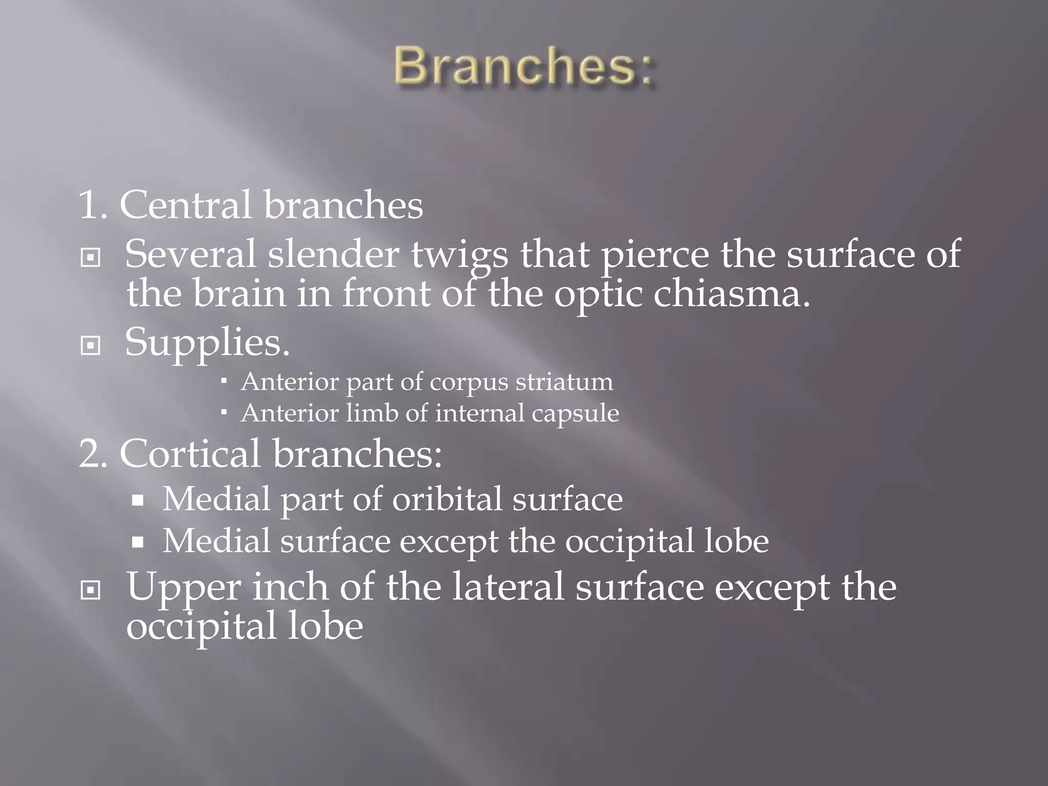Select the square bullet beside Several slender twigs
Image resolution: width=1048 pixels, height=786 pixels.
click(91, 258)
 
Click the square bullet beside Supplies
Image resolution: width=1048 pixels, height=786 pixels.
click(91, 346)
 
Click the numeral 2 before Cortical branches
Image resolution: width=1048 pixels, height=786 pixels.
click(91, 454)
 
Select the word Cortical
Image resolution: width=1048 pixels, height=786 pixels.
click(190, 454)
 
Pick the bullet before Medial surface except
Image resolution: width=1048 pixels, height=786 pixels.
click(137, 542)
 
